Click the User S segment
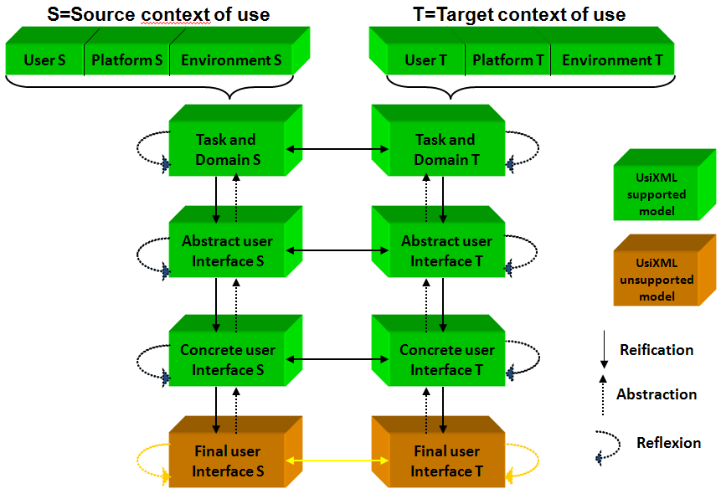(45, 60)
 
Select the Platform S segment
(127, 60)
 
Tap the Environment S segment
(231, 60)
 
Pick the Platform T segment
(507, 60)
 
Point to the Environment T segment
(611, 60)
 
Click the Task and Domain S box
(226, 149)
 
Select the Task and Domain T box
(445, 149)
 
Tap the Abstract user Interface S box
(226, 251)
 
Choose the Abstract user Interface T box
(445, 251)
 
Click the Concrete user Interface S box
(226, 360)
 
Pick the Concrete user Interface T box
(445, 360)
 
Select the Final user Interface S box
(226, 461)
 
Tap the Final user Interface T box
(445, 461)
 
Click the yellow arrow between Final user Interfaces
(336, 461)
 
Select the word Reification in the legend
(657, 349)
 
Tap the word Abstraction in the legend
(657, 394)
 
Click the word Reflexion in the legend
(668, 443)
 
